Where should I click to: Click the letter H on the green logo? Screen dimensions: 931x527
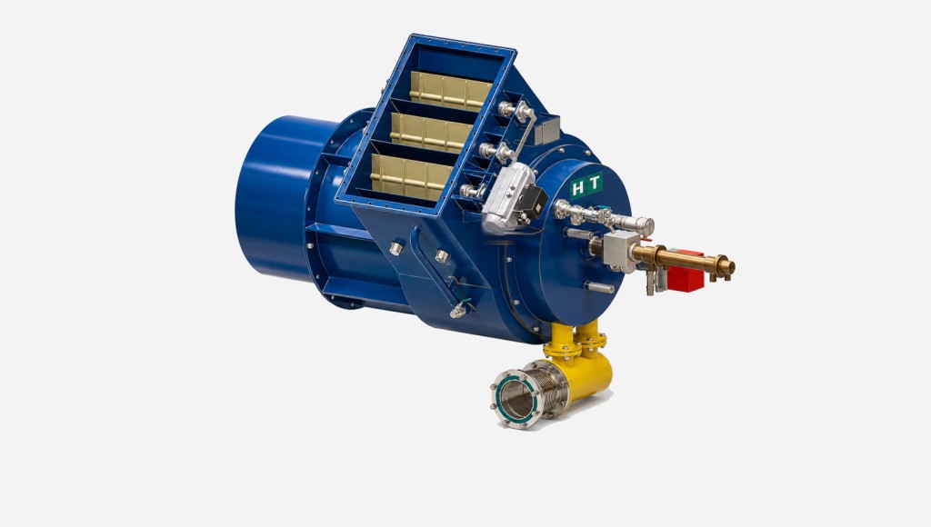click(577, 189)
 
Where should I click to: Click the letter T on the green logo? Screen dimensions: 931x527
click(594, 183)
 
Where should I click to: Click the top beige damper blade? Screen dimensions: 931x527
click(450, 91)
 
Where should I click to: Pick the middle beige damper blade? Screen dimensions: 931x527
click(431, 134)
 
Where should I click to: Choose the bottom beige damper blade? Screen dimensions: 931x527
click(411, 177)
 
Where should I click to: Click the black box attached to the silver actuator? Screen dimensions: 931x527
click(533, 203)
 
